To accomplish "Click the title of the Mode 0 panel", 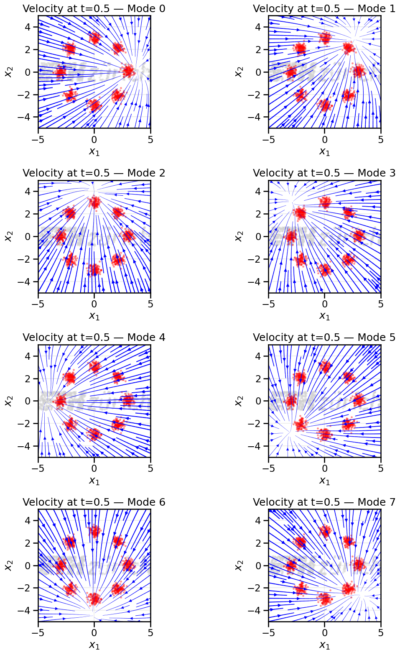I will click(94, 9).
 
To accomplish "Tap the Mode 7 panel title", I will click(324, 502).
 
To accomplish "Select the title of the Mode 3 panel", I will click(324, 173).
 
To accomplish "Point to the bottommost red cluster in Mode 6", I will click(94, 599).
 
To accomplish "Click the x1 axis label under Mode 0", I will click(94, 152).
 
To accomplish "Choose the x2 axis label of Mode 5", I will click(239, 401).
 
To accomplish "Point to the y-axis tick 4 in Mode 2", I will click(28, 192).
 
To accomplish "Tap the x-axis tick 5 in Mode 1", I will click(380, 140).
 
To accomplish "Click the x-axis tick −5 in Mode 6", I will click(38, 633).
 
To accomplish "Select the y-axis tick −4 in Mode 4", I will click(25, 446).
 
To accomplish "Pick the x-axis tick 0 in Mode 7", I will click(325, 633).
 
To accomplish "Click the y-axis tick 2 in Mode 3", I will click(258, 214).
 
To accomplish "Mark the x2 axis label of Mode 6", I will click(8, 565).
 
